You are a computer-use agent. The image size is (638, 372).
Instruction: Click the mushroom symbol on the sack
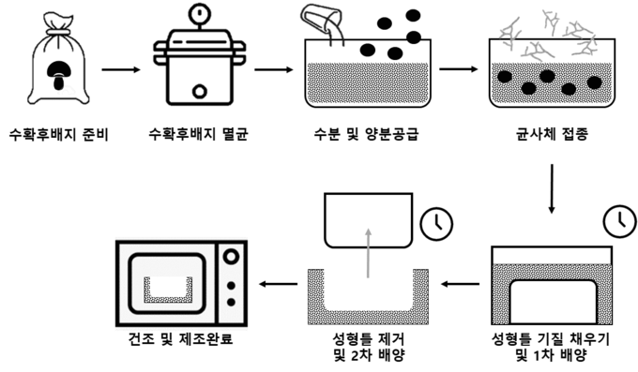(58, 75)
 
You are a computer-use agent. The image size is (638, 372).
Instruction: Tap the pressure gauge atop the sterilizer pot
(199, 12)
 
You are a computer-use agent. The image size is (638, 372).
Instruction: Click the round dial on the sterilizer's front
(199, 92)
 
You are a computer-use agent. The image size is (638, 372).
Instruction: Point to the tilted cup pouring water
(322, 20)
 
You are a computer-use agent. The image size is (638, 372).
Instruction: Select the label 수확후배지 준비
(59, 134)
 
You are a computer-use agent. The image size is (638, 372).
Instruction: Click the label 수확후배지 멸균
(199, 134)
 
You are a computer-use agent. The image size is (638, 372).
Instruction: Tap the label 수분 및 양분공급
(366, 134)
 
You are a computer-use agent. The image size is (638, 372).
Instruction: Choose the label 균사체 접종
(552, 134)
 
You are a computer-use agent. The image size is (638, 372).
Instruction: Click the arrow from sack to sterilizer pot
(121, 70)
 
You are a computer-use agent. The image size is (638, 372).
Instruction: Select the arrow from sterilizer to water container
(274, 70)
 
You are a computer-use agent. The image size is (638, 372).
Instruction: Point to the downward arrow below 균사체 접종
(552, 188)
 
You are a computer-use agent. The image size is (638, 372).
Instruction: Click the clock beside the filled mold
(619, 222)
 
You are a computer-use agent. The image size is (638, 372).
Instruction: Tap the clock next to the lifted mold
(436, 224)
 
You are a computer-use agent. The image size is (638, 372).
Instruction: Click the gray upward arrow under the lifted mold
(368, 253)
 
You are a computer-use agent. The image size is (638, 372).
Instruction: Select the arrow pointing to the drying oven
(279, 284)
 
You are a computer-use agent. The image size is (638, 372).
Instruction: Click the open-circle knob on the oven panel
(231, 257)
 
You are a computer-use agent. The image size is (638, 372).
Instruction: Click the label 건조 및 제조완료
(181, 338)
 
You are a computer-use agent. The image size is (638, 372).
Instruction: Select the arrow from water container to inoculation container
(459, 69)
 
